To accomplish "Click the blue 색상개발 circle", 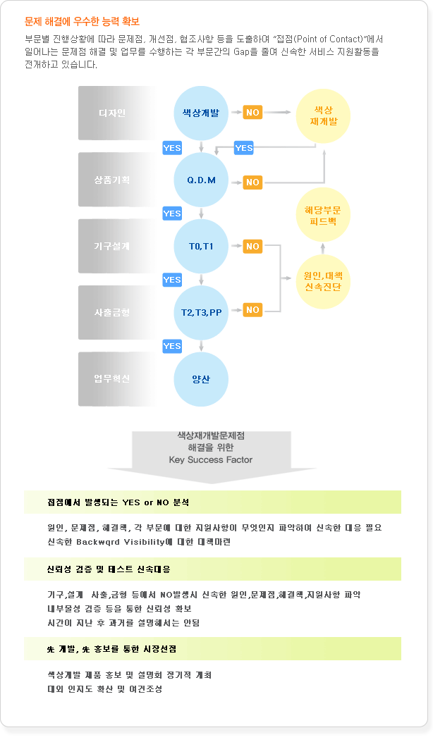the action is [x=200, y=113].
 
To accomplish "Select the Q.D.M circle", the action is [x=200, y=180].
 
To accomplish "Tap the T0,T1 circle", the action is [x=200, y=246].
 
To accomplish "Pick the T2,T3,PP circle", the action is [x=200, y=313].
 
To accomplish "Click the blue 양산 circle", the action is [x=200, y=379].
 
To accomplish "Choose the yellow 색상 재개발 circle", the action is [x=323, y=116].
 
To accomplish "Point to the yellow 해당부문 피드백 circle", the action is [x=323, y=216].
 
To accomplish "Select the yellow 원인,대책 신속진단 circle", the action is [x=323, y=281].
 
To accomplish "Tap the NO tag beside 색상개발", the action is [x=252, y=113].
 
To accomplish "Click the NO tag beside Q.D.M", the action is [x=252, y=183].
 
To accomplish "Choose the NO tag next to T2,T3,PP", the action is [x=252, y=309].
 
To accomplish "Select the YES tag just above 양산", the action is [x=172, y=346].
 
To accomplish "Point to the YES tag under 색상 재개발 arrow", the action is [x=244, y=148].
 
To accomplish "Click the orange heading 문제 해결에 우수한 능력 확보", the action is [x=83, y=22].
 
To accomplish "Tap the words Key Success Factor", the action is [x=211, y=459].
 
